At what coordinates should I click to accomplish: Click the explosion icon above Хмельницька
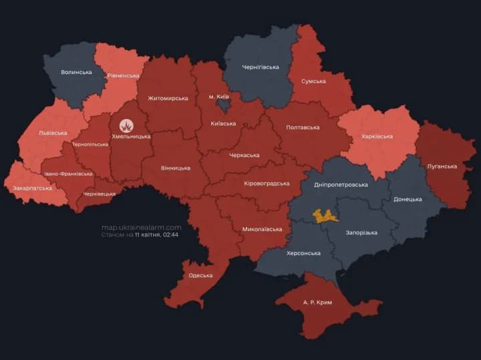click(x=126, y=125)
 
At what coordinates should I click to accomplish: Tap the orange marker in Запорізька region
click(x=325, y=215)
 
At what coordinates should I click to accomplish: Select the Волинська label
click(x=76, y=72)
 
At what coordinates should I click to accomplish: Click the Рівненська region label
click(x=125, y=75)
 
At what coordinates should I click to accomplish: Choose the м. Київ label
click(x=220, y=97)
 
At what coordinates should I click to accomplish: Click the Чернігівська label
click(x=261, y=67)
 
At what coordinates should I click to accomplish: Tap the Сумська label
click(x=314, y=81)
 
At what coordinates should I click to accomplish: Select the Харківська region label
click(x=377, y=136)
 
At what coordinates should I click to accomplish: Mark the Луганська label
click(x=442, y=166)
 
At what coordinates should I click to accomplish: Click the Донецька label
click(x=408, y=199)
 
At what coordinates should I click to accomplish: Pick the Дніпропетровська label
click(x=341, y=184)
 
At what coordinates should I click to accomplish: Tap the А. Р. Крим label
click(x=317, y=303)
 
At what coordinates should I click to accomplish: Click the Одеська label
click(x=200, y=275)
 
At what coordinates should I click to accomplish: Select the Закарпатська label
click(x=31, y=188)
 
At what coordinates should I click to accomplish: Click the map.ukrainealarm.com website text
click(x=141, y=227)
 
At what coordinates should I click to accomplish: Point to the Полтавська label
click(x=303, y=127)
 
